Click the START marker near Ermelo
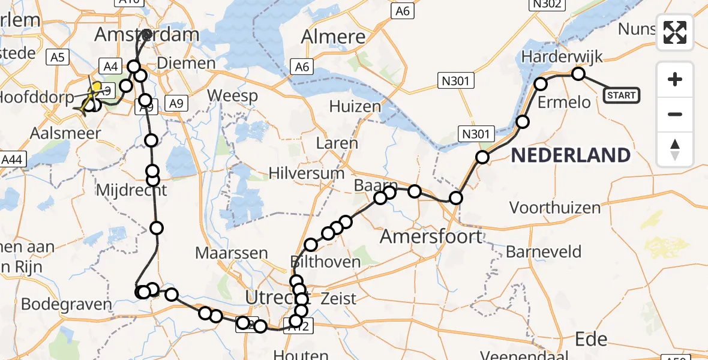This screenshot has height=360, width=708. [621, 95]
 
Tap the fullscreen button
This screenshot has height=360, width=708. [675, 32]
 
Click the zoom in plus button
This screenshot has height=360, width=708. [675, 79]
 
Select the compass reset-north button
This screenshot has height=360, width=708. [675, 149]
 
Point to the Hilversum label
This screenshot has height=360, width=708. [307, 173]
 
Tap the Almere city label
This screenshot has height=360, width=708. [333, 37]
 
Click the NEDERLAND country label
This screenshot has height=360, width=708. [570, 155]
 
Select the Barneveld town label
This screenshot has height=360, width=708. [544, 251]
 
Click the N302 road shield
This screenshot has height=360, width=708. [545, 5]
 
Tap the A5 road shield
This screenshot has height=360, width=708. [58, 58]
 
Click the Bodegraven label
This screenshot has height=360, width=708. [66, 304]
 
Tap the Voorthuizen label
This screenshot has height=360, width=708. [554, 208]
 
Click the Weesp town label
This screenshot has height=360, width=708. [234, 95]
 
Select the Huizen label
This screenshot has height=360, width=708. [355, 107]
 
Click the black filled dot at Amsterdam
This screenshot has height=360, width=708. [147, 34]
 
